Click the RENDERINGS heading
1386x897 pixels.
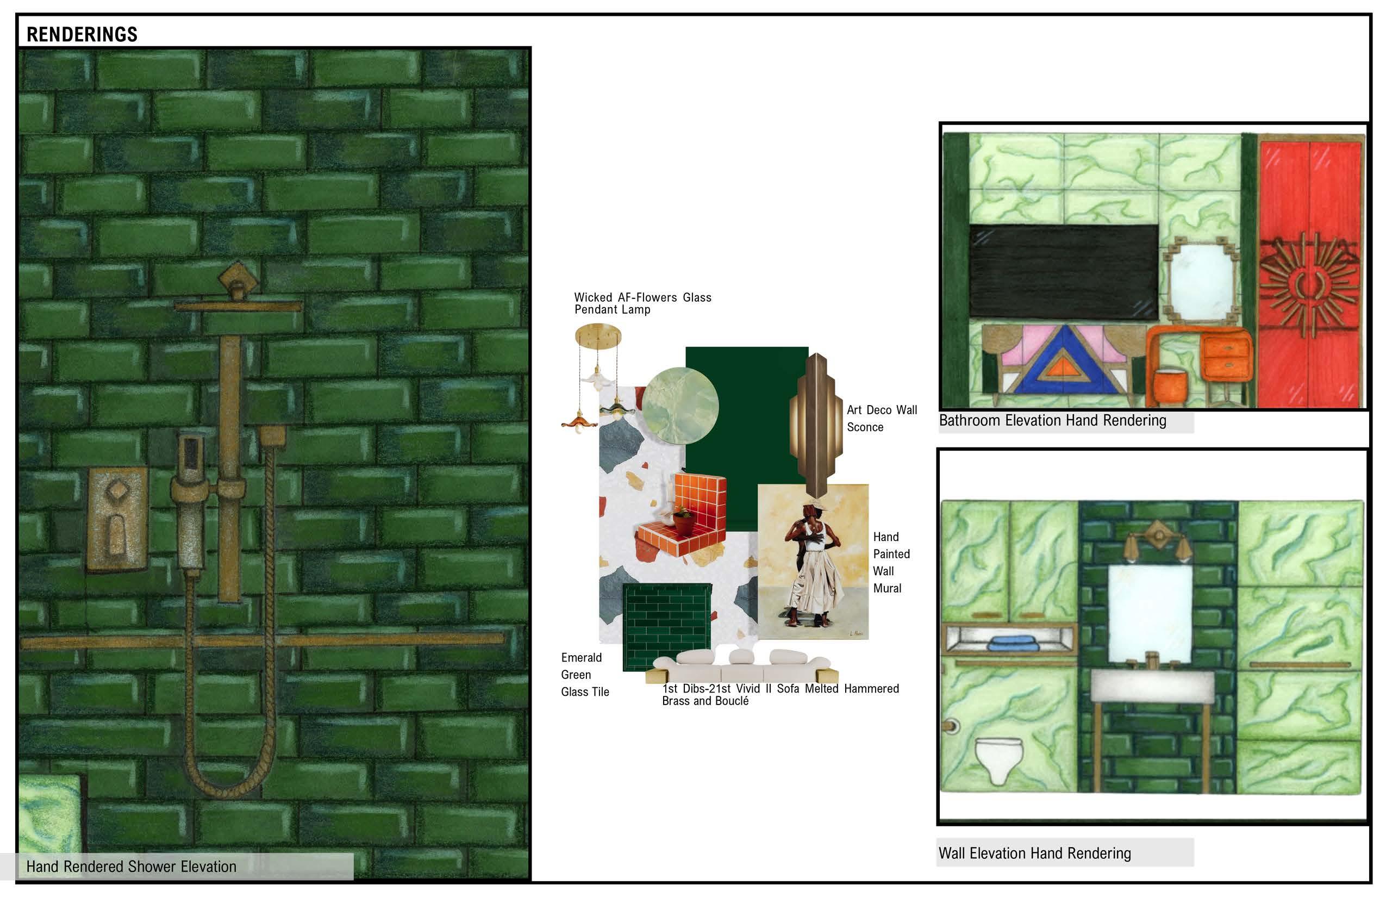click(x=82, y=34)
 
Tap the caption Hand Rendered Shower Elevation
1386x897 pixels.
click(x=131, y=867)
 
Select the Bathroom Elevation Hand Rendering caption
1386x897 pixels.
click(x=1052, y=421)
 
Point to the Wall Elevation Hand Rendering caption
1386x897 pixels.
click(x=1034, y=854)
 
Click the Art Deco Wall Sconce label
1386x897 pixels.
click(x=882, y=418)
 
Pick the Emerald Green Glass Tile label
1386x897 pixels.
click(x=585, y=675)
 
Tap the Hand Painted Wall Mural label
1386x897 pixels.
click(x=891, y=562)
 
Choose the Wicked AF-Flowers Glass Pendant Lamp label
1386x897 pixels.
click(x=642, y=303)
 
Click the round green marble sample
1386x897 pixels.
click(x=680, y=406)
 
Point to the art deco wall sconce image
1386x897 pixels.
click(x=816, y=425)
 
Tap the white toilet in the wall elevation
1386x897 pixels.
click(x=999, y=760)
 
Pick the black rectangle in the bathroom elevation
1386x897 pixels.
click(x=1063, y=272)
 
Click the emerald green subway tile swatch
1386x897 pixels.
click(x=667, y=627)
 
